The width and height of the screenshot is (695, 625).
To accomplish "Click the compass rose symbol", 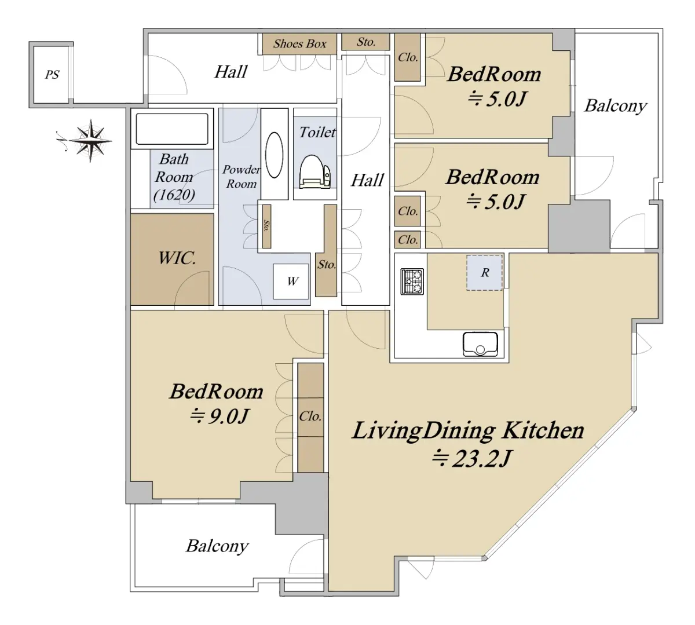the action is coord(90,141).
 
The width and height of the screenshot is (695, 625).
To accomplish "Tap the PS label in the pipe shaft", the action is coord(52,75).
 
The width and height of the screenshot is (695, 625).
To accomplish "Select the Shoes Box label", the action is coord(299,43).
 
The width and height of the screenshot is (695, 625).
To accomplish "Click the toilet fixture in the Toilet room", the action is coord(315,171).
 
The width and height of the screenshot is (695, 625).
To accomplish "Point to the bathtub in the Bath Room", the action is coord(172,129).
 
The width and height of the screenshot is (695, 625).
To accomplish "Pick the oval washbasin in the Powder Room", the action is coord(274,155).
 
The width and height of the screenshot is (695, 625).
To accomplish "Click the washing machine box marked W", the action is coord(291,281).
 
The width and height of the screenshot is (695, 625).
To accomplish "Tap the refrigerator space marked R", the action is coord(484,272).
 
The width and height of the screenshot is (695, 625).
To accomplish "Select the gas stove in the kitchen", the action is coord(412,281).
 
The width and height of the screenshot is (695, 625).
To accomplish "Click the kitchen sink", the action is coord(480,344).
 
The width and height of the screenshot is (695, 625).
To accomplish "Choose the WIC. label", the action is coord(177,258).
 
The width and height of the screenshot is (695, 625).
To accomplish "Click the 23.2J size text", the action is coord(471,459).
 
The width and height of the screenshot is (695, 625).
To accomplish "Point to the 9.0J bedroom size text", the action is coord(220,416).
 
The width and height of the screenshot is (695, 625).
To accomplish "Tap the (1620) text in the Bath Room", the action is coord(174,195).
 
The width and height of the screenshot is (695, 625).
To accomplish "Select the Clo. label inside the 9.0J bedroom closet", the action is coord(310,416).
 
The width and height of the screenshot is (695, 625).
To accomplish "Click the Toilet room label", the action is coord(317,132).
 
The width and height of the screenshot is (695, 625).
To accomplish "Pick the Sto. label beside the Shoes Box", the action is coord(366,42).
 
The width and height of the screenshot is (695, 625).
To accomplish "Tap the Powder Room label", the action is coord(241,177).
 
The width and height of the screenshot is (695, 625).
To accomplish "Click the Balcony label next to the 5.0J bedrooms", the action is coord(616,106).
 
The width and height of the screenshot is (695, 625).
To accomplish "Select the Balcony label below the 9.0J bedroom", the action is coord(217,546).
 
